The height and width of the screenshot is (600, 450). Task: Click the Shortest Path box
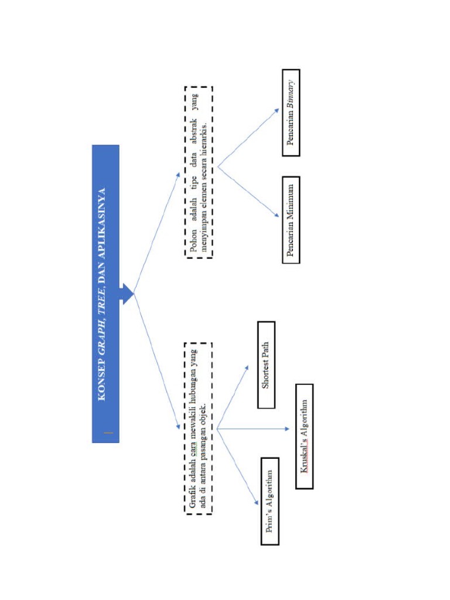[266, 364]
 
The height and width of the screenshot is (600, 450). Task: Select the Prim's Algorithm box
[270, 501]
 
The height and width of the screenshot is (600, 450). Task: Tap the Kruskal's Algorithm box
[304, 436]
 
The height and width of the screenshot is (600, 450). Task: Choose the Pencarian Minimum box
[291, 220]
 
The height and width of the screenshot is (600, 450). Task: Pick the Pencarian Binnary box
[291, 112]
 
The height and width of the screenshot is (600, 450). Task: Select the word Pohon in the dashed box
[194, 243]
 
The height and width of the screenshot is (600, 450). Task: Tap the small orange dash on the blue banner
[108, 433]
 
